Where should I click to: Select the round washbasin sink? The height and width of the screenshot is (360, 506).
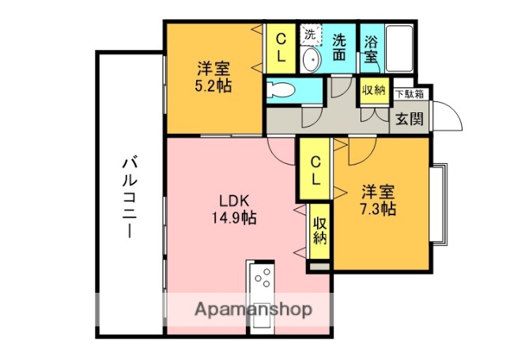click(311, 61)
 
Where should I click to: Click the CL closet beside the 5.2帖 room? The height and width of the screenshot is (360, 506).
click(281, 48)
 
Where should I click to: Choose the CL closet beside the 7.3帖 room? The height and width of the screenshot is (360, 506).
click(315, 169)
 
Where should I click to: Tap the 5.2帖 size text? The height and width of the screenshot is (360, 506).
click(213, 85)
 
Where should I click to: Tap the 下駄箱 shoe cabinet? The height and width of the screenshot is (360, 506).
click(409, 94)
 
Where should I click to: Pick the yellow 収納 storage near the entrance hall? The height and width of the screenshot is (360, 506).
click(374, 90)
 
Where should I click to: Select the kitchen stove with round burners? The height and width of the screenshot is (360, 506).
click(263, 280)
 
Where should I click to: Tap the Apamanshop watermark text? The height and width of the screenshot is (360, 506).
click(253, 309)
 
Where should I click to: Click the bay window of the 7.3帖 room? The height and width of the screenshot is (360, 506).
click(439, 203)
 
